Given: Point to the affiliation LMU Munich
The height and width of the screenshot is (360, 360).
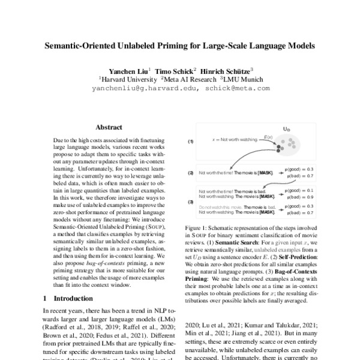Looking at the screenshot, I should click(x=242, y=78).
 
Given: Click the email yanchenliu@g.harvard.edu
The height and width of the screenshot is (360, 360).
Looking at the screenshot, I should click(x=143, y=88).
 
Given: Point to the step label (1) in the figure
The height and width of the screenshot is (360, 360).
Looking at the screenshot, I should click(x=191, y=142).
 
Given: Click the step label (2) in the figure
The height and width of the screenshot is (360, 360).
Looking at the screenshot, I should click(x=191, y=173).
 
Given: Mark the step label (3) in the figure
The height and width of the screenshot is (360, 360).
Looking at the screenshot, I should click(x=191, y=202).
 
